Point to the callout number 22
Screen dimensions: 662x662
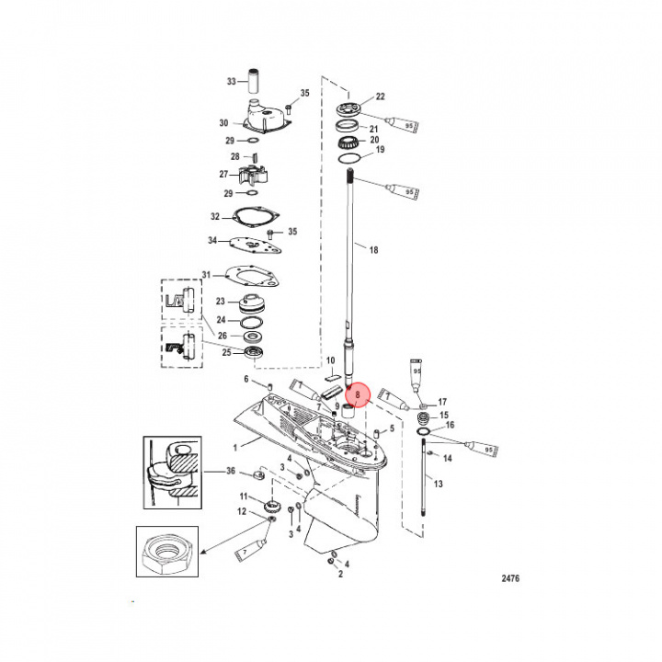pyautogui.click(x=380, y=97)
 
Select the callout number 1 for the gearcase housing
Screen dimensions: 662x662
pyautogui.click(x=234, y=448)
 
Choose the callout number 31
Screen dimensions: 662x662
pyautogui.click(x=206, y=274)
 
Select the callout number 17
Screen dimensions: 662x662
pyautogui.click(x=442, y=402)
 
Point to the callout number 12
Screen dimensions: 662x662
pyautogui.click(x=243, y=512)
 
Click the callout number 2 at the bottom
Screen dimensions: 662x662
pyautogui.click(x=339, y=574)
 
